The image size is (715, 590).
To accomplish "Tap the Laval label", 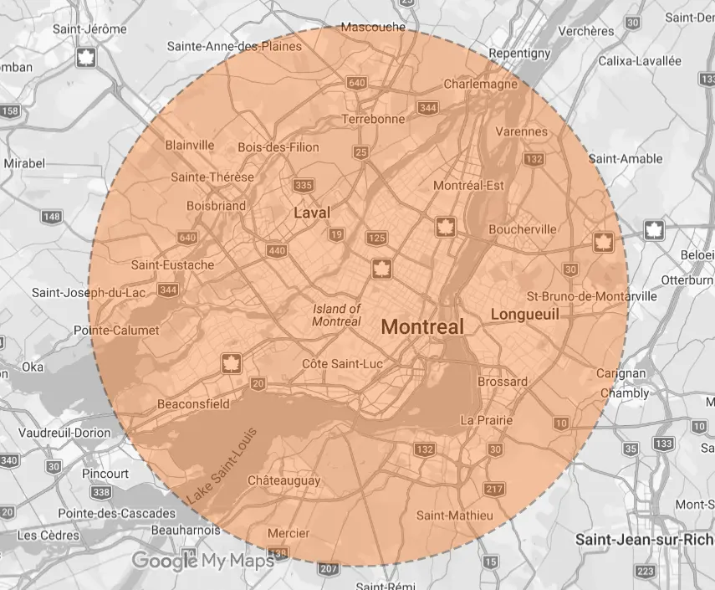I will tap(312, 213).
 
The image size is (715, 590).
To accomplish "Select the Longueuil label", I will tap(524, 315).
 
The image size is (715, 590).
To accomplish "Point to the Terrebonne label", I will tap(373, 119).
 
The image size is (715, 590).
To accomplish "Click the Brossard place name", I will tap(503, 382).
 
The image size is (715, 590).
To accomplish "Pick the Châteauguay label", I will tap(284, 480).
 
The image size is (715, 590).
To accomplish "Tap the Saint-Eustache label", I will tap(172, 265).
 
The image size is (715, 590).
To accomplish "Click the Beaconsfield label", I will tap(193, 404).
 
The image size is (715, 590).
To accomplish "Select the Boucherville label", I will tap(523, 228).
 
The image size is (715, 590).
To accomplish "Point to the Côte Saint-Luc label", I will tap(341, 363).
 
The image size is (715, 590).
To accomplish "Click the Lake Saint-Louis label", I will tap(221, 466).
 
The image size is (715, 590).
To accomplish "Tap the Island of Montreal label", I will tap(337, 316).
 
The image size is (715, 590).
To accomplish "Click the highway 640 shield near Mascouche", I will tap(357, 82).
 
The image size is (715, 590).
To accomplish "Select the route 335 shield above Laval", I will tap(304, 185).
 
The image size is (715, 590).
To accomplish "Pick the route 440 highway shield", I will tap(276, 251).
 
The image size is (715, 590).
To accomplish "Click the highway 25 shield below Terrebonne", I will tap(361, 151).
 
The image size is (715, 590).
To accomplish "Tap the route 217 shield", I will tap(493, 489).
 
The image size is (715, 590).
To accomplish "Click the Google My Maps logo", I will tap(202, 561).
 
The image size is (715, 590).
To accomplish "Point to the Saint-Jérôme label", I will tap(89, 28).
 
